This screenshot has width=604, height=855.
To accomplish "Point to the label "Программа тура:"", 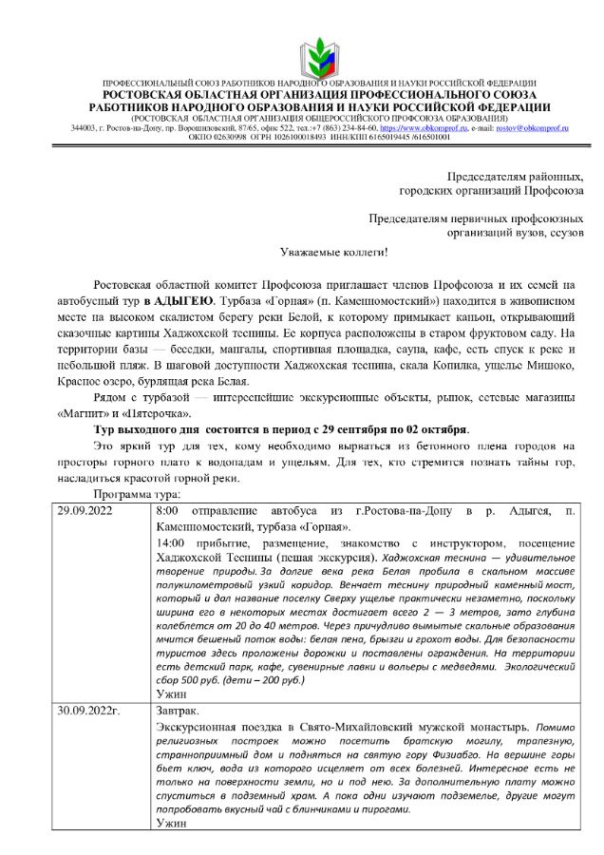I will coord(131,496).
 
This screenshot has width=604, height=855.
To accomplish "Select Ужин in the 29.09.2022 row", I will coord(171,694).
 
